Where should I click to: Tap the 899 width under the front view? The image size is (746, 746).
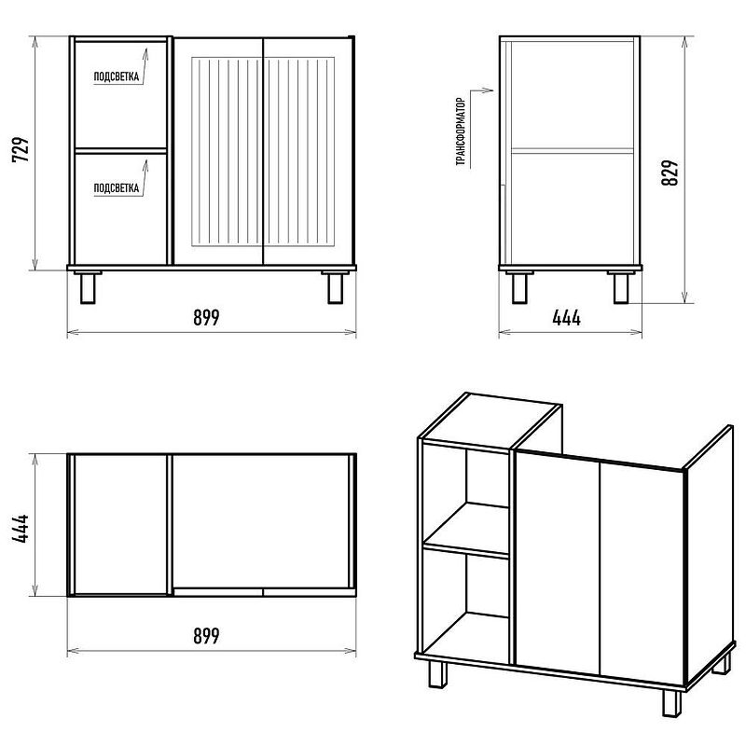(206, 317)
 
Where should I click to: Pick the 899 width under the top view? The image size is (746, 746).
(206, 636)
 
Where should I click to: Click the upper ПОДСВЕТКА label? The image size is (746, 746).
(117, 78)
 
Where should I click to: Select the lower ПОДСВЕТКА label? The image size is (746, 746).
(117, 187)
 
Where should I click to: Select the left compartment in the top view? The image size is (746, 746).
(118, 524)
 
